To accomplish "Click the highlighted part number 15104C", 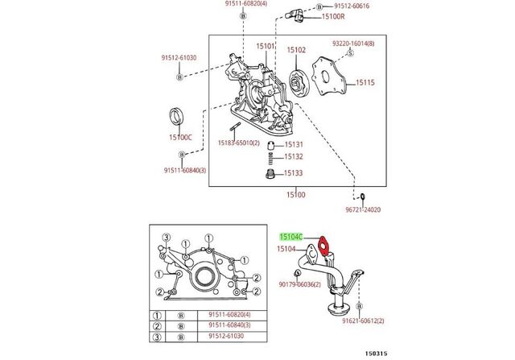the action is [x=291, y=237].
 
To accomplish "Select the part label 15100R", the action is [x=333, y=16].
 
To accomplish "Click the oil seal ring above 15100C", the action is [x=177, y=116].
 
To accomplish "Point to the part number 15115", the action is [x=365, y=82].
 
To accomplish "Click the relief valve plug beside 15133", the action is [x=270, y=174].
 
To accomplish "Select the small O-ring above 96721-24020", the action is [x=363, y=197].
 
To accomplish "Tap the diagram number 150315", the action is [x=377, y=354].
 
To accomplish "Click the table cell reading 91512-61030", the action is [x=227, y=336].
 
